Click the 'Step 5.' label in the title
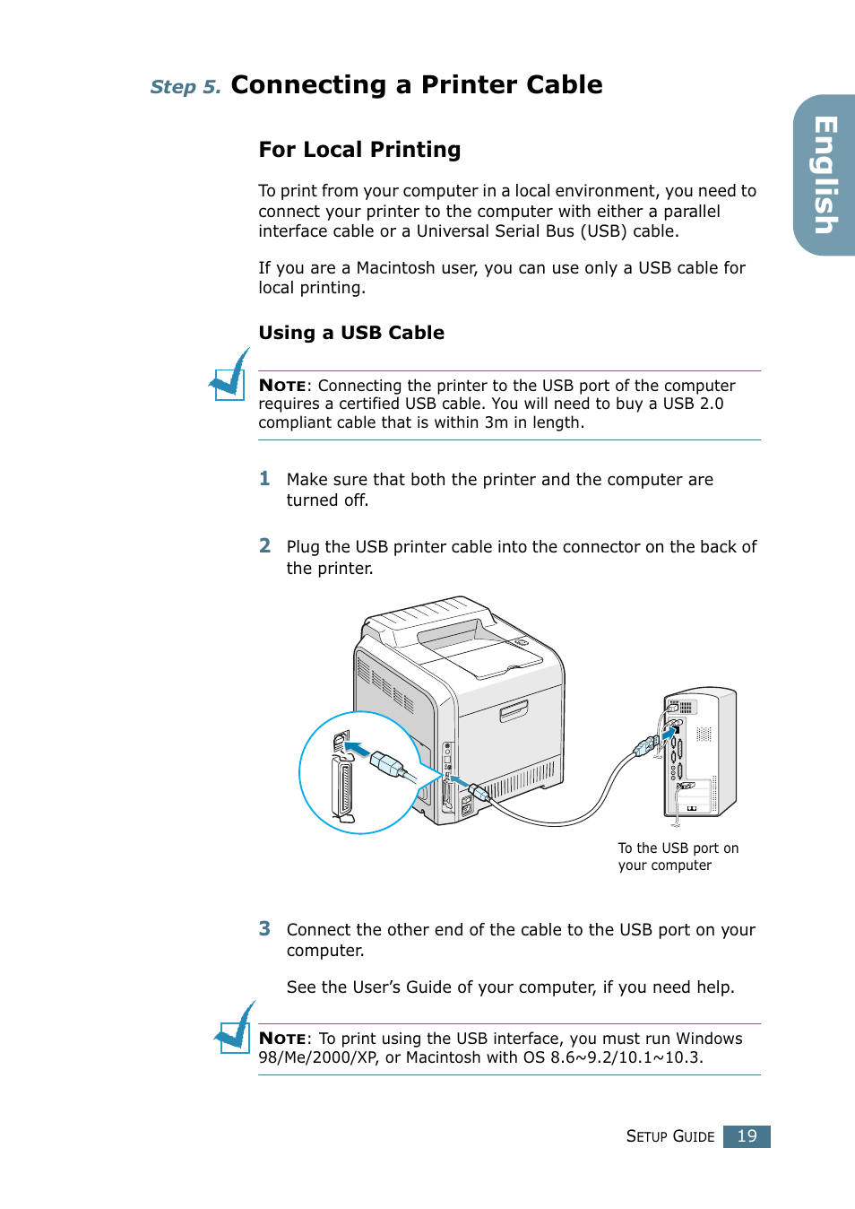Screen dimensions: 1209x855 (x=185, y=87)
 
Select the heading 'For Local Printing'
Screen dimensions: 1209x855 (x=359, y=150)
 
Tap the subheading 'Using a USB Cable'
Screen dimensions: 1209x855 (x=351, y=333)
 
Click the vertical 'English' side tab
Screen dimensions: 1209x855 (x=825, y=176)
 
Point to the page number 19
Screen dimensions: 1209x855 (x=747, y=1136)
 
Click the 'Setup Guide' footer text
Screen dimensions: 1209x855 (x=669, y=1136)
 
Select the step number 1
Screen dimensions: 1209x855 (x=264, y=479)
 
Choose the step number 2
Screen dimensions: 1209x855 (x=264, y=546)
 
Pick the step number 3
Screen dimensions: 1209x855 (x=264, y=929)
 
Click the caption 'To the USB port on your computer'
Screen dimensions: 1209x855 (x=678, y=857)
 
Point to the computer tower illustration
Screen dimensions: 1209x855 (x=701, y=752)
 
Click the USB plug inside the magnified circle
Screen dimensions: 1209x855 (x=387, y=764)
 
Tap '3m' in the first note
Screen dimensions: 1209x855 (x=496, y=422)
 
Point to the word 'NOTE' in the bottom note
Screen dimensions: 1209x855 (x=282, y=1039)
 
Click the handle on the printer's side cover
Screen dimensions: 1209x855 (x=514, y=711)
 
